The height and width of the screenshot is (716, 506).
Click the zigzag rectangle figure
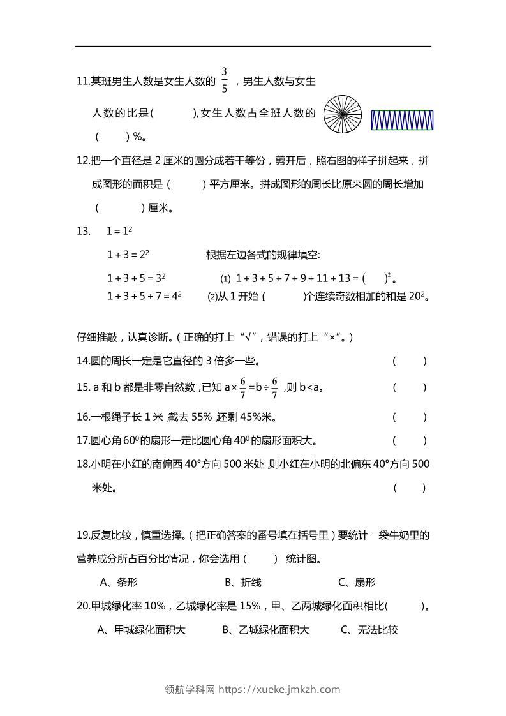pos(402,120)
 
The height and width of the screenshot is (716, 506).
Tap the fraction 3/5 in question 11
pos(225,80)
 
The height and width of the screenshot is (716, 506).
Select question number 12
pos(83,161)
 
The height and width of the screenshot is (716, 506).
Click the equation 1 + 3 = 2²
pos(128,255)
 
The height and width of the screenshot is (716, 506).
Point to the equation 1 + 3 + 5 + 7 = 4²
pos(144,296)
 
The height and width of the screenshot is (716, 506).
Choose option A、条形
pos(119,582)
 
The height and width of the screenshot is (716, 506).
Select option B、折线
pos(243,582)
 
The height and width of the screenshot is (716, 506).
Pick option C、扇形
pos(357,582)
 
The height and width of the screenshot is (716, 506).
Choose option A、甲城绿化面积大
pos(141,630)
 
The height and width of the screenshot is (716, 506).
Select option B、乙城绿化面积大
pos(265,630)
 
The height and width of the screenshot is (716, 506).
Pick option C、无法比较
pos(369,630)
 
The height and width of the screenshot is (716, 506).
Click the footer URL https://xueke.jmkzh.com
pos(279,689)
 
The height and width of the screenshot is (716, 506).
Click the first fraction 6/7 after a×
pos(242,387)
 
